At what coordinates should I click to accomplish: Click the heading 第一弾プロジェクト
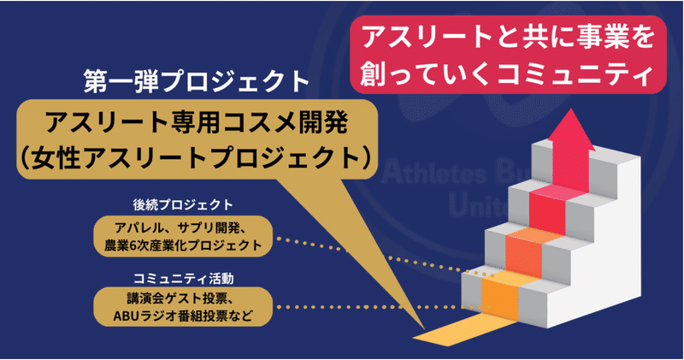pyautogui.click(x=197, y=81)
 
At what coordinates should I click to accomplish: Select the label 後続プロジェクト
pyautogui.click(x=183, y=204)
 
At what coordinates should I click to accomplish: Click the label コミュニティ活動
pyautogui.click(x=183, y=279)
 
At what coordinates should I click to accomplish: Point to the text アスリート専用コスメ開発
pyautogui.click(x=198, y=123)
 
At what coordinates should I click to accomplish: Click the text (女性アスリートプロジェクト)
pyautogui.click(x=197, y=157)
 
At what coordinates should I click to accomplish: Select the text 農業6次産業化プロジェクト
pyautogui.click(x=183, y=245)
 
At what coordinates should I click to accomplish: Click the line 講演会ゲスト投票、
pyautogui.click(x=182, y=298)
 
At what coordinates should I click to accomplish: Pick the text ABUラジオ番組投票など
pyautogui.click(x=183, y=316)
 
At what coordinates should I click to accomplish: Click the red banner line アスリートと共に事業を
pyautogui.click(x=509, y=38)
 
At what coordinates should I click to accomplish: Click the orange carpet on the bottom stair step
pyautogui.click(x=500, y=299)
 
